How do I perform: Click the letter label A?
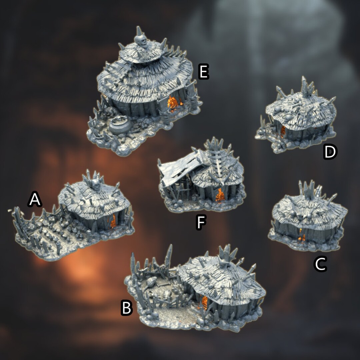35,200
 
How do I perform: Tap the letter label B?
127,308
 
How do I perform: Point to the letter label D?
330,152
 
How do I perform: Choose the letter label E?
203,72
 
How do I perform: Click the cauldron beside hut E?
120,126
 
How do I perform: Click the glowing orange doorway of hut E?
173,103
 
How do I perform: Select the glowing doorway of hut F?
220,195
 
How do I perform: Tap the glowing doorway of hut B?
204,302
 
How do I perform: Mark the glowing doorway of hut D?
283,131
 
